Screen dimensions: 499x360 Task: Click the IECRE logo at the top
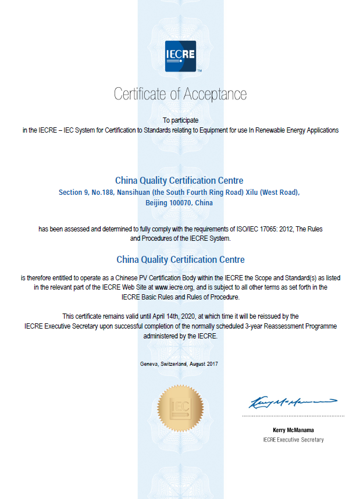[180, 56]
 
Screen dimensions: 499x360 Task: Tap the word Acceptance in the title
[215, 94]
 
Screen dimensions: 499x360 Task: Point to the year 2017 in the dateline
[212, 364]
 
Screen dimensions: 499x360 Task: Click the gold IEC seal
[180, 408]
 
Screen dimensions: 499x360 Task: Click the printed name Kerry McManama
[293, 430]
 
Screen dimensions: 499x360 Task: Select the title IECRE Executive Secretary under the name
[293, 440]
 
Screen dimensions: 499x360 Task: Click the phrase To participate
[180, 120]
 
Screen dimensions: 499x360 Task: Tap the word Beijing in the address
[158, 203]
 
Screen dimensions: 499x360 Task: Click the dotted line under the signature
[293, 416]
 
